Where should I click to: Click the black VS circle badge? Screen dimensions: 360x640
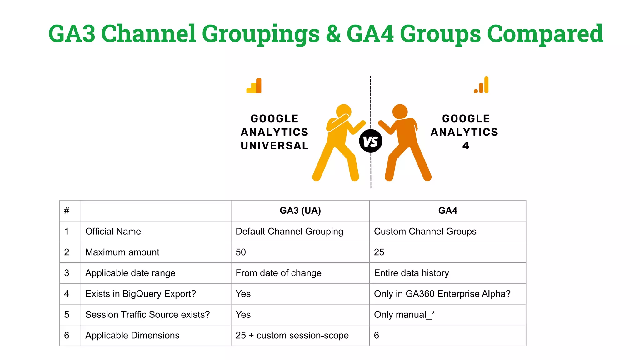pos(371,141)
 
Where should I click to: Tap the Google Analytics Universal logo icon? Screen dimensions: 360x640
pos(254,86)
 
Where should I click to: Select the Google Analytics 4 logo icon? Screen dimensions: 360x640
pos(482,85)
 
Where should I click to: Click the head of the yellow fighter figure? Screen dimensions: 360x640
pos(344,112)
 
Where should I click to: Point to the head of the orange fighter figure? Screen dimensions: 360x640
pos(400,112)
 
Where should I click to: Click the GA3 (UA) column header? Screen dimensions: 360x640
pos(300,211)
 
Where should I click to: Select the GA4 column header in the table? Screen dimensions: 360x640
pos(447,211)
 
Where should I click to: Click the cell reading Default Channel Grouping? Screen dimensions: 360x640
pos(289,232)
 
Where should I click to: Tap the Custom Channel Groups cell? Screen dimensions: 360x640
pos(425,232)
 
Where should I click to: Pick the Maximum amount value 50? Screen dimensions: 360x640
pos(241,252)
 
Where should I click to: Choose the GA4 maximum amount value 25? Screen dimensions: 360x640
pos(379,252)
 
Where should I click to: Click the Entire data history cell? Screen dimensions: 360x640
pos(411,273)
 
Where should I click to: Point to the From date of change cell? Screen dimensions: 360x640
pos(278,273)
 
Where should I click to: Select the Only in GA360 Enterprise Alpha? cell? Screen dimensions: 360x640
pos(442,294)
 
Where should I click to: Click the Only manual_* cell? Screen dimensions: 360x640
pos(404,315)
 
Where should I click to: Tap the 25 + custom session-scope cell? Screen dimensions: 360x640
pos(292,335)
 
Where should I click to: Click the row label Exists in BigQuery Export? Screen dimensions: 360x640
pos(141,294)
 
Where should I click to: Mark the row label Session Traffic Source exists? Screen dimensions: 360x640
pos(147,315)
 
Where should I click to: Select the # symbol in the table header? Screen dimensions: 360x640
pos(67,211)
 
